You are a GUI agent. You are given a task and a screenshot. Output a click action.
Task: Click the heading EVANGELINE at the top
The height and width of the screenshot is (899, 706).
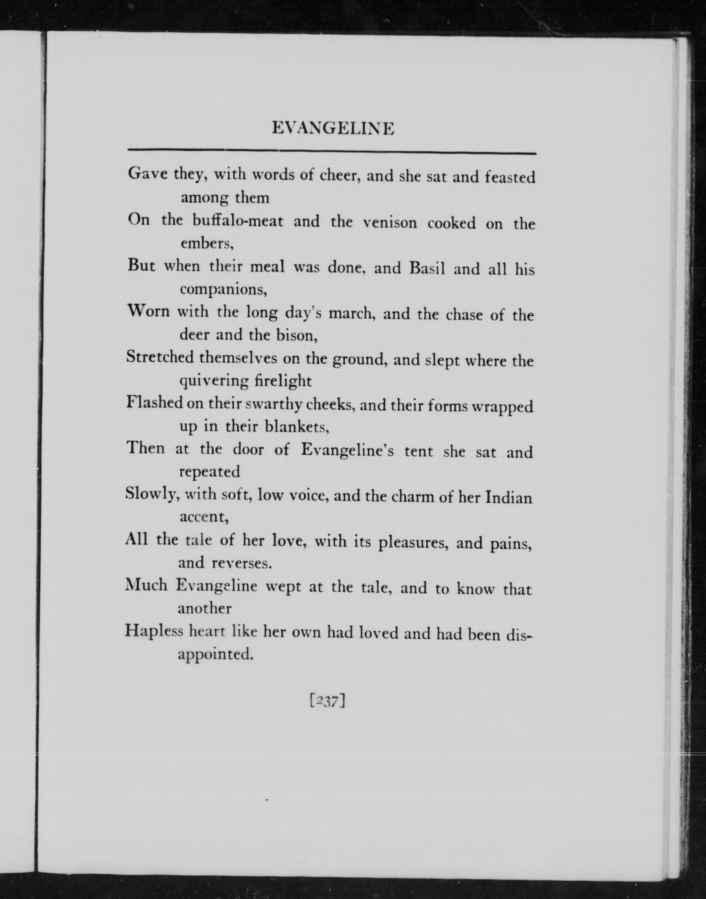pyautogui.click(x=333, y=129)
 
